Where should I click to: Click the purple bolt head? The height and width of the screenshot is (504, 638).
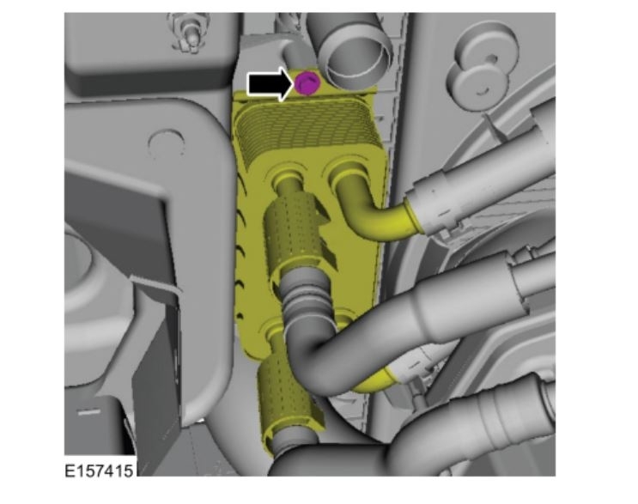[307, 83]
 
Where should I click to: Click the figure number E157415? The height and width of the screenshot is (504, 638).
[99, 471]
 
